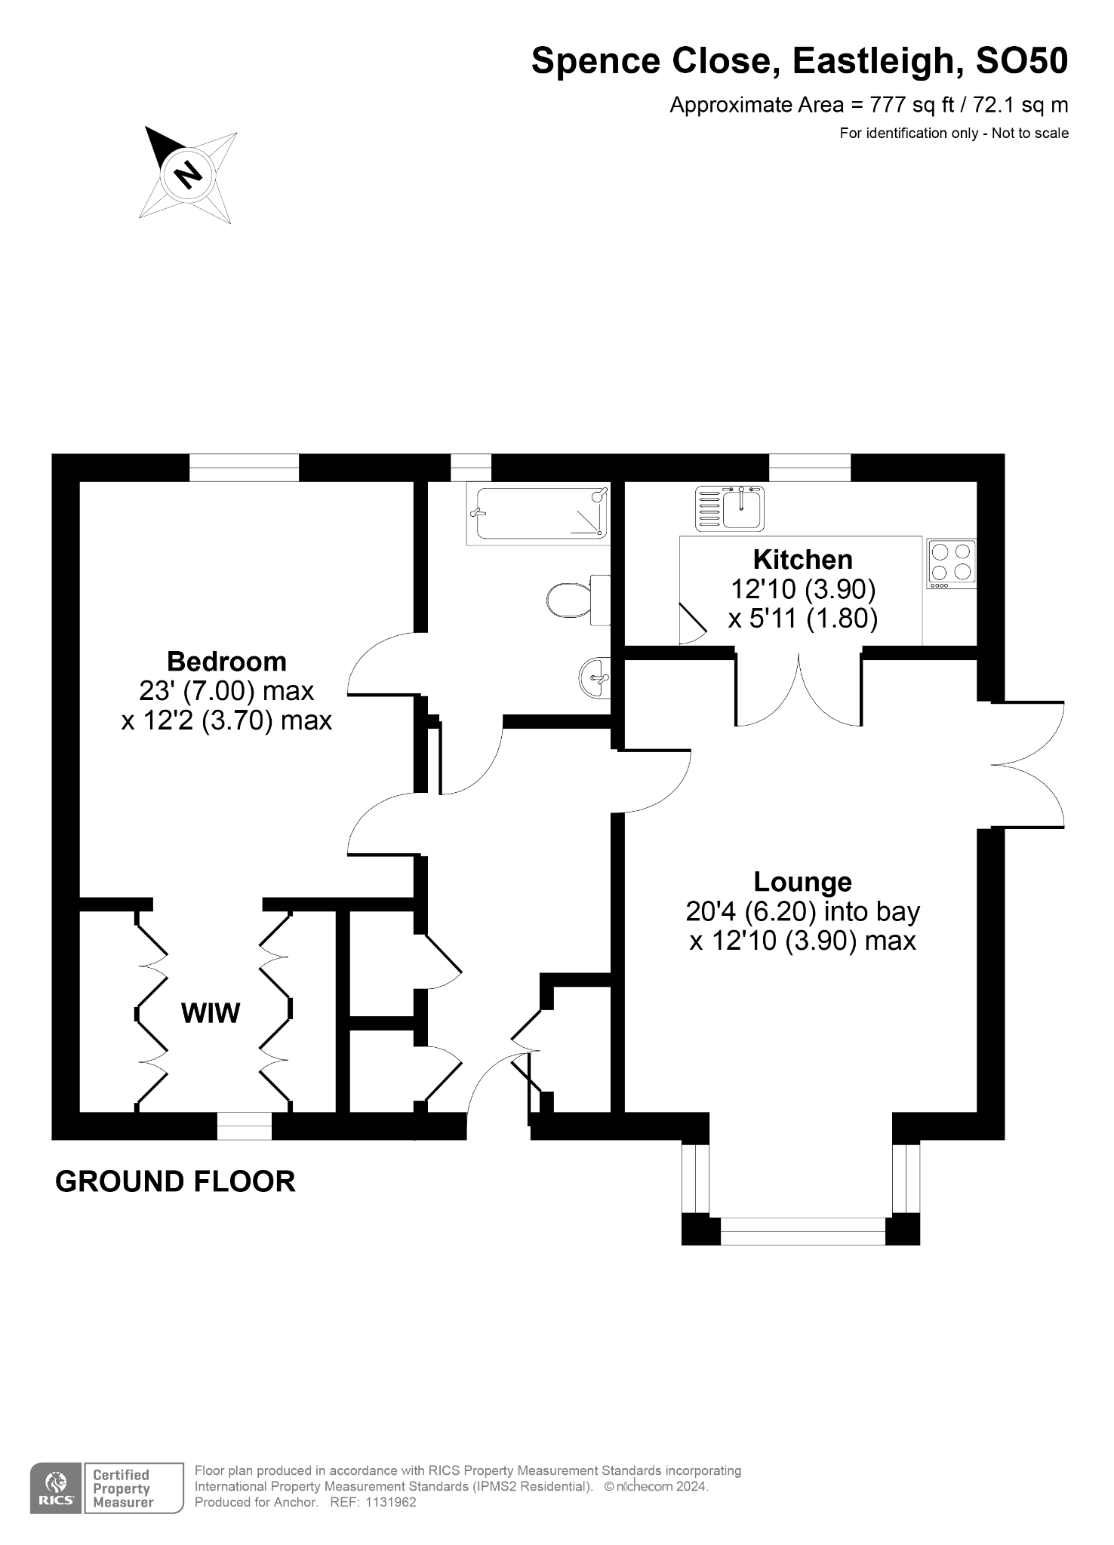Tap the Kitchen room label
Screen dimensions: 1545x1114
803,560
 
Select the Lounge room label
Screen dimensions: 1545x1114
803,881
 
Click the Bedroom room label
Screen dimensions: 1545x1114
226,662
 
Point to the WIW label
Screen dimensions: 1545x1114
211,1013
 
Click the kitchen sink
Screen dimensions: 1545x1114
731,507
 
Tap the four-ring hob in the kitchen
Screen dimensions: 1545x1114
951,564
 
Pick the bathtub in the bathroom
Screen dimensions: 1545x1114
537,514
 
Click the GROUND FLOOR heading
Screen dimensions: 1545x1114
175,1181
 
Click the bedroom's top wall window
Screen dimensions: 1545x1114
244,468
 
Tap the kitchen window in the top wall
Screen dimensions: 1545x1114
810,468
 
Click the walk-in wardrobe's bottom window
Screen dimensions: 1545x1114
244,1126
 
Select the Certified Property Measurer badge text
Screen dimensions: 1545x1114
122,1488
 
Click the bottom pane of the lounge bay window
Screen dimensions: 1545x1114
802,1230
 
